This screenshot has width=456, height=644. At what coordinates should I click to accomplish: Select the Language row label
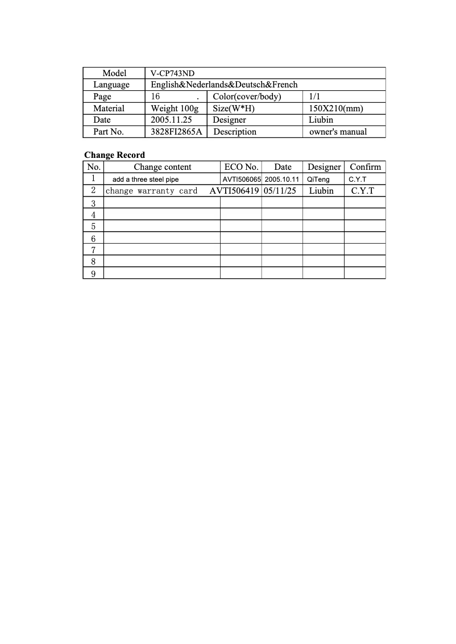[x=111, y=85]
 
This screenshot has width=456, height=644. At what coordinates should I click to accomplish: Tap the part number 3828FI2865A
[x=176, y=132]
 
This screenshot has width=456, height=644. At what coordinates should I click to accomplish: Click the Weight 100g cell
[x=175, y=108]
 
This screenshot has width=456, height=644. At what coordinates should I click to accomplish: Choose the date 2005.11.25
[x=171, y=120]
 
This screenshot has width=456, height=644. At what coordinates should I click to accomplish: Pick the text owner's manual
[x=338, y=132]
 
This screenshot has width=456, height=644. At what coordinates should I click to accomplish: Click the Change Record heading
[x=114, y=155]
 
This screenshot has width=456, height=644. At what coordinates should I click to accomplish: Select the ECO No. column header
[x=241, y=167]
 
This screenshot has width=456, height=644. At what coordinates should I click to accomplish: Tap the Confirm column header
[x=365, y=167]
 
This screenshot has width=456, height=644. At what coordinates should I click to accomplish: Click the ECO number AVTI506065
[x=242, y=179]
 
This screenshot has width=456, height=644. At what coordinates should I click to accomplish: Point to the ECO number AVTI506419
[x=235, y=191]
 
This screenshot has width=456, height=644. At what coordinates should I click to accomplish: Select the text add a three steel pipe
[x=146, y=179]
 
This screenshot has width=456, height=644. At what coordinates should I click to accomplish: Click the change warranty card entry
[x=151, y=191]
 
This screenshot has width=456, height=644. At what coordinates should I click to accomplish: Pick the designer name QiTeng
[x=318, y=179]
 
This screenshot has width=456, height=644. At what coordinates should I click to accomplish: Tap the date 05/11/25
[x=280, y=191]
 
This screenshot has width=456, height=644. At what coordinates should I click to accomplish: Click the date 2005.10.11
[x=282, y=179]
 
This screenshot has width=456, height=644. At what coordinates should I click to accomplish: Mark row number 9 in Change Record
[x=93, y=274]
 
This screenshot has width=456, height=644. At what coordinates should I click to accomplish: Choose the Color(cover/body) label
[x=247, y=97]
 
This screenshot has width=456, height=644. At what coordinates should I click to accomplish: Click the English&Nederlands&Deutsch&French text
[x=224, y=85]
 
